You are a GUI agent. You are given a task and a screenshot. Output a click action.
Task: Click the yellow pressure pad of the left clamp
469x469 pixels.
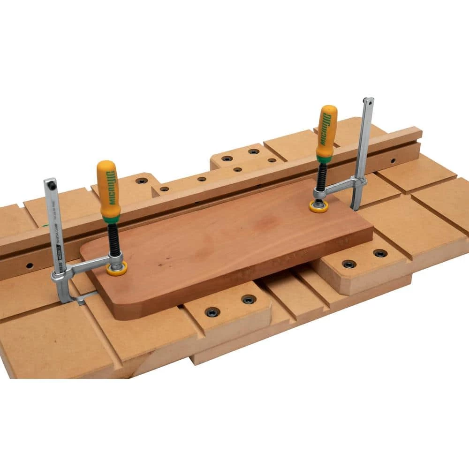coord(116,269)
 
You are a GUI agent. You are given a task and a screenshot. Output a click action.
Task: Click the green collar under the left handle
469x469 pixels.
coord(111,219)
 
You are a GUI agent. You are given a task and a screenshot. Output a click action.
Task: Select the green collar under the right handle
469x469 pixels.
coord(324,159)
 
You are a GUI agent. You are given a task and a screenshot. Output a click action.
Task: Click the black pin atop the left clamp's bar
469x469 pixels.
coord(52,186)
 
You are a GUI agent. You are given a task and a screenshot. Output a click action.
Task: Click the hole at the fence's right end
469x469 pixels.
coord(393,161)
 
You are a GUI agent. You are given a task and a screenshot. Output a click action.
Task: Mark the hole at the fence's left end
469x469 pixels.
coord(30,265)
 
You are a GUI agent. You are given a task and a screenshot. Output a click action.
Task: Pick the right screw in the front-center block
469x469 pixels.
coord(248,299)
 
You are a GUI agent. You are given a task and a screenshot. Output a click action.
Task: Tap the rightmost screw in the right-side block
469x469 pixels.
coord(380,253)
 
